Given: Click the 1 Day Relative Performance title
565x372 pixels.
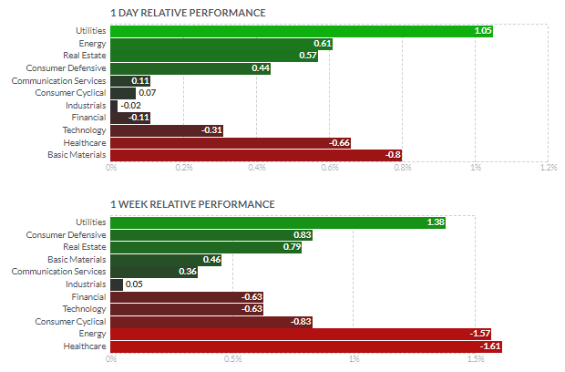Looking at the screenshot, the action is tap(188, 13).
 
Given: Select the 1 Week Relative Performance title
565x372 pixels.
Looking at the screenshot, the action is tap(192, 204).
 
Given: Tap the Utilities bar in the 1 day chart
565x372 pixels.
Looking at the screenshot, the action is tap(302, 31).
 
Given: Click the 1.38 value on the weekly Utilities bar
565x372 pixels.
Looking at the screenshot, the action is tap(436, 222).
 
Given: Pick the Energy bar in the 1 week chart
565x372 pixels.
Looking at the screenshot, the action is tap(301, 334).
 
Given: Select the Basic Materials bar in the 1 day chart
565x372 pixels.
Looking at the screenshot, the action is tap(256, 155).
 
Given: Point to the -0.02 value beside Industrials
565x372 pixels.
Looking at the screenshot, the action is tap(131, 106).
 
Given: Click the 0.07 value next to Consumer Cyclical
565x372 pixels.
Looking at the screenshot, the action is tap(147, 93).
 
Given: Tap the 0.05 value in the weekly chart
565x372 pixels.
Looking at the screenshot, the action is tap(134, 284).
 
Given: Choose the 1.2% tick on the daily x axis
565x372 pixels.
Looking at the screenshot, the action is tap(549, 167).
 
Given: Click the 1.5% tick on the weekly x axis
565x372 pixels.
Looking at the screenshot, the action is tap(476, 359).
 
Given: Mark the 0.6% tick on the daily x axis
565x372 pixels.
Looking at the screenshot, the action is tap(329, 167).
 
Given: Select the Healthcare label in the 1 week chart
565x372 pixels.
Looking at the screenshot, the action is tap(85, 346).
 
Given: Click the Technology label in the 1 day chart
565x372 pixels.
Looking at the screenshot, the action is tap(85, 130).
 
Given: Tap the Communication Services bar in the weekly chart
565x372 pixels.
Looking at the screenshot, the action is tap(154, 272).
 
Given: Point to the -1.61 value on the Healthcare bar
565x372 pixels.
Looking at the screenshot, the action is tap(490, 346).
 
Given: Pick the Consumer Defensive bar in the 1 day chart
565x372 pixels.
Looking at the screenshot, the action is tap(190, 68).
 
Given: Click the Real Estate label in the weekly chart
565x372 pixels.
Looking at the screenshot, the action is tap(85, 247).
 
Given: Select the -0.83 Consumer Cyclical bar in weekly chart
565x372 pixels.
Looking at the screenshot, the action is tap(211, 322).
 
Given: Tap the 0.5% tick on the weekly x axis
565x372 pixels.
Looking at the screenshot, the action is tap(232, 359).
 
